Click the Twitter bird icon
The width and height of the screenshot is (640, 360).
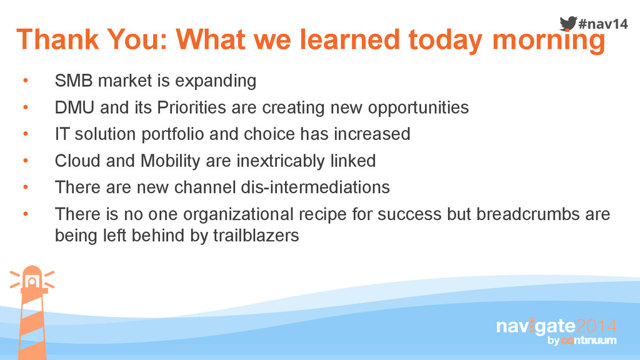568,23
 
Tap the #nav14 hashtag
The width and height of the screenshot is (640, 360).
603,24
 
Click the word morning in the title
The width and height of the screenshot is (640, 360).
549,41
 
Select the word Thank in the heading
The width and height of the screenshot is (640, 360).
57,39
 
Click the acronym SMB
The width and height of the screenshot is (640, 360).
74,81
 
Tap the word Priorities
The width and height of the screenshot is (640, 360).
191,107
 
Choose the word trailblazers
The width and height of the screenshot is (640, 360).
256,236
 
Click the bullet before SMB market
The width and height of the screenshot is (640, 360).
26,81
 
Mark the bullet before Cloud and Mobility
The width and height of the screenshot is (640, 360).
26,161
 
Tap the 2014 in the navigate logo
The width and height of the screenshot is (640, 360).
596,326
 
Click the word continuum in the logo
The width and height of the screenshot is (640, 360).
589,341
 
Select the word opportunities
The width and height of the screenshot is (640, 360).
418,108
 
